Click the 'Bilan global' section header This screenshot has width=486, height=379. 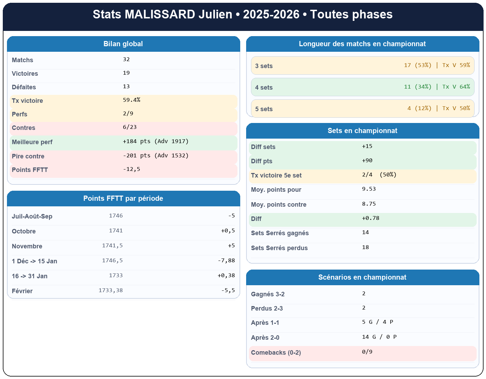(123, 44)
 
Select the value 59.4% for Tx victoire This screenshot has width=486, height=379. (132, 100)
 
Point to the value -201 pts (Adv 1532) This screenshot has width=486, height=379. (156, 156)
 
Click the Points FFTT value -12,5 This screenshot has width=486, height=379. (132, 169)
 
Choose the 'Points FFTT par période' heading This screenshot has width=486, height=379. (123, 199)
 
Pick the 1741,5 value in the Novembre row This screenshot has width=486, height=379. (112, 246)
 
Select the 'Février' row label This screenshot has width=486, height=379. (22, 291)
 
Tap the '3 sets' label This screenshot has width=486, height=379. (264, 66)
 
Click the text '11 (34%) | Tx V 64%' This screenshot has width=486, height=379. (437, 87)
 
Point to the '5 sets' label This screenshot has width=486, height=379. (264, 109)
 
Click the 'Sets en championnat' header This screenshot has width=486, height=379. (362, 131)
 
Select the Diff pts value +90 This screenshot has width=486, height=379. (367, 160)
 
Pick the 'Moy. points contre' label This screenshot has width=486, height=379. (278, 205)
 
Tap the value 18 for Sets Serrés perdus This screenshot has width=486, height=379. (366, 247)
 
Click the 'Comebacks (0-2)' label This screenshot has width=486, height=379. (276, 353)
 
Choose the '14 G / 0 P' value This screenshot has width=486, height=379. (379, 337)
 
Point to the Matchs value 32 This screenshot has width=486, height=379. (126, 59)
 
